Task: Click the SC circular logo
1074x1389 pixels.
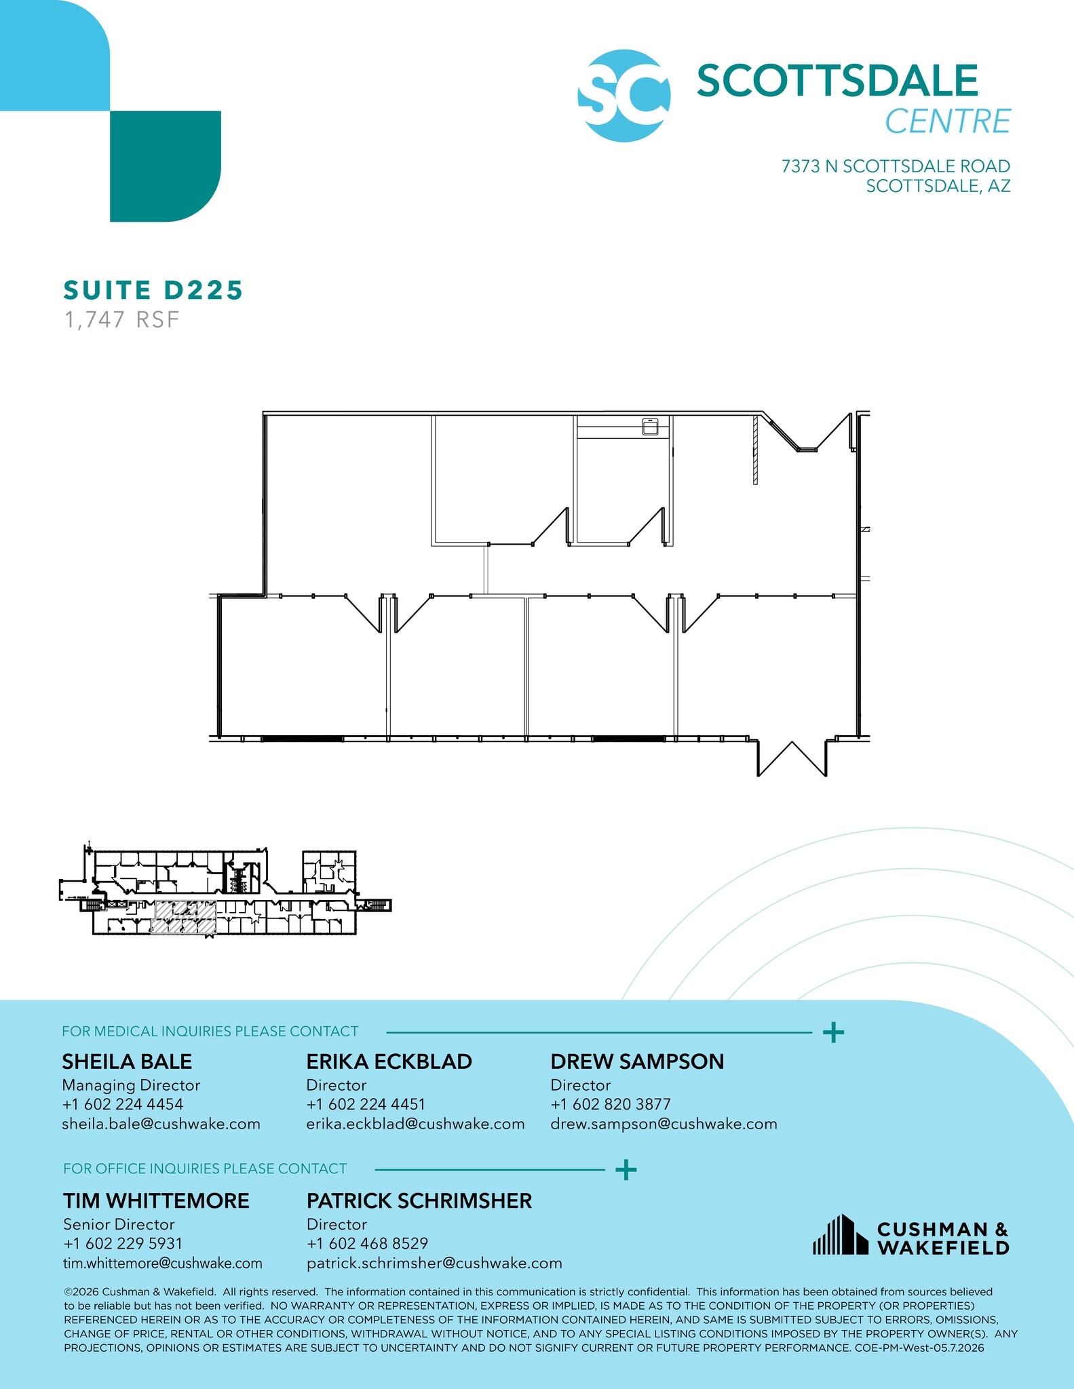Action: tap(624, 96)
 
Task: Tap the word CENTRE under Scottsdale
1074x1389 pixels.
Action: tap(948, 121)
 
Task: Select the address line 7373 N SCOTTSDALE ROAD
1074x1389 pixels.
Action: tap(896, 166)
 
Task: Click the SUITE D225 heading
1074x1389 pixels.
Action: tap(153, 290)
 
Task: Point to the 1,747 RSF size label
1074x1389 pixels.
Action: tap(121, 319)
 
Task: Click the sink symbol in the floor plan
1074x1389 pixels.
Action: tap(651, 427)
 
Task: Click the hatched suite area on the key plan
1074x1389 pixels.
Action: tap(183, 918)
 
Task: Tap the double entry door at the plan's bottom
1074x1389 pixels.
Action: tap(792, 758)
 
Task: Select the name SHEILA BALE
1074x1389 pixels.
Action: tap(127, 1061)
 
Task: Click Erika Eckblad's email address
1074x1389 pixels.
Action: tap(415, 1124)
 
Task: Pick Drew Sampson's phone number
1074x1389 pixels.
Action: tap(611, 1104)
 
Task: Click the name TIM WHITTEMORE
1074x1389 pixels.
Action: tap(156, 1200)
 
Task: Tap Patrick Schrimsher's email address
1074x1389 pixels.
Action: tap(434, 1263)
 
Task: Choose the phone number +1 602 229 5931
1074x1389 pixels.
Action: tap(123, 1243)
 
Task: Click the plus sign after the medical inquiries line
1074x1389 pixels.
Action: tap(833, 1033)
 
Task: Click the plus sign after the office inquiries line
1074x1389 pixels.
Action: tap(626, 1169)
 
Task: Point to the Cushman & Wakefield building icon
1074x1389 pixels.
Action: tap(841, 1234)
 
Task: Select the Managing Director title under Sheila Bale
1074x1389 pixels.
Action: tap(131, 1085)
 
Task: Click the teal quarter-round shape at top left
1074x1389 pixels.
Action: tap(166, 166)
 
